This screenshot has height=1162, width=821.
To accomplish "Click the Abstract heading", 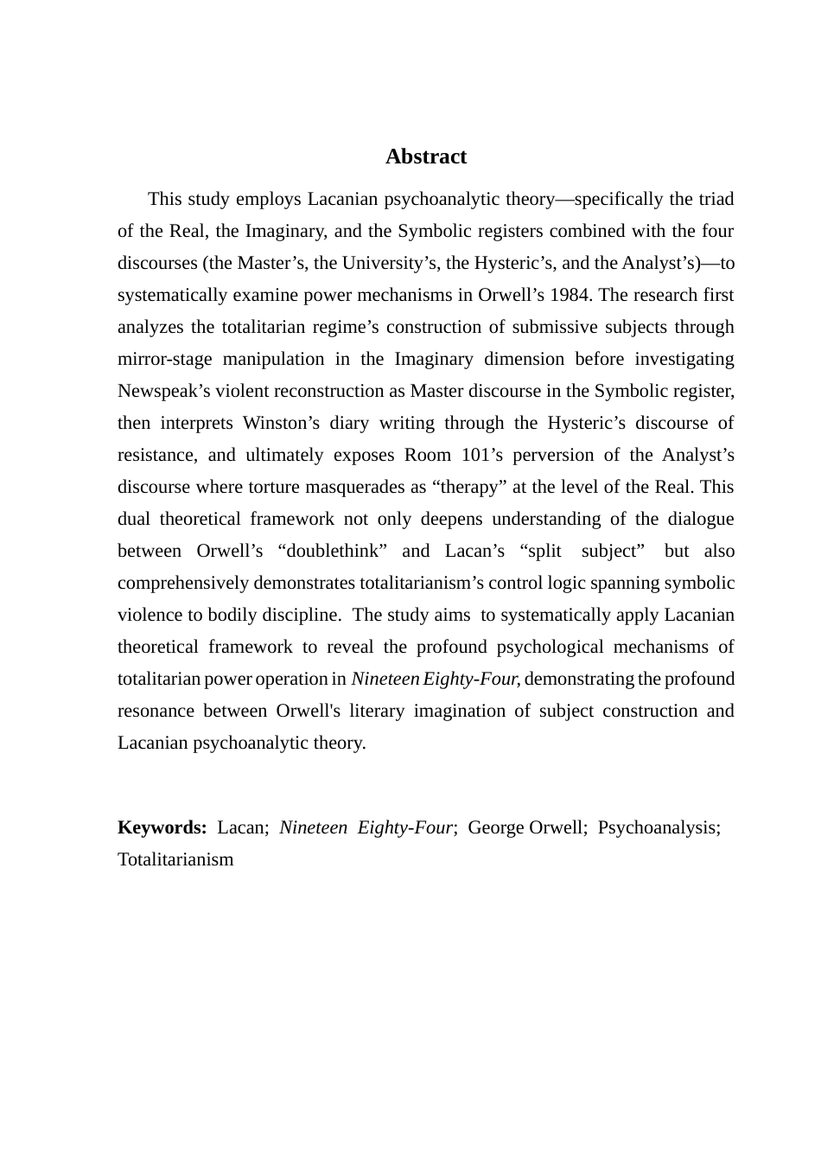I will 425,156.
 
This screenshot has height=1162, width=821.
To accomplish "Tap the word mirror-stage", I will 165,359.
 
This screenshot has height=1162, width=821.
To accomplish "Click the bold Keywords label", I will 162,827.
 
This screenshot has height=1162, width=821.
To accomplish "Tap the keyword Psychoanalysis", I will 659,827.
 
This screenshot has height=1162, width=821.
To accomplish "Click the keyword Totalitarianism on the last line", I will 175,859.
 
